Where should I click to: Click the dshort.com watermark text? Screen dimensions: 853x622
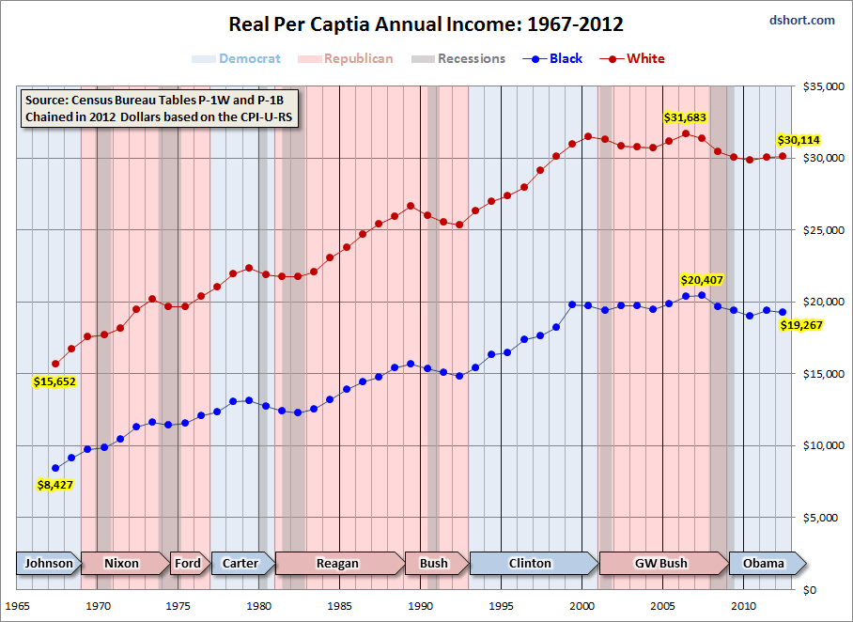(x=802, y=20)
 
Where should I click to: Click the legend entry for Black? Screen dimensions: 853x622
(x=552, y=58)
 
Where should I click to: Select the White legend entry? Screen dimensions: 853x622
(x=632, y=58)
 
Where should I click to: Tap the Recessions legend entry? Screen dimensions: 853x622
(x=458, y=58)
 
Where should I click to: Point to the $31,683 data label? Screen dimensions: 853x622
(x=685, y=117)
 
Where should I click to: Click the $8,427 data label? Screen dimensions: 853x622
(x=54, y=484)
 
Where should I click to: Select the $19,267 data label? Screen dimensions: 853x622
(x=800, y=325)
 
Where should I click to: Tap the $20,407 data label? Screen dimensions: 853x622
(x=702, y=280)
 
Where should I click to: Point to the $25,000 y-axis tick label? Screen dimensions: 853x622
(x=824, y=230)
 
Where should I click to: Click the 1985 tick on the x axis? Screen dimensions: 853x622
(x=339, y=606)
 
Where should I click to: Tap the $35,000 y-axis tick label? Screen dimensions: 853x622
(x=824, y=86)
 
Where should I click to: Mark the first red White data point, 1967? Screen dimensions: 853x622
(x=55, y=364)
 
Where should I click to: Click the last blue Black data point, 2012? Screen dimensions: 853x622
(x=783, y=312)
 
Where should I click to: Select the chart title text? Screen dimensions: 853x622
(x=426, y=24)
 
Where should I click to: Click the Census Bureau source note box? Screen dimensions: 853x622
(x=160, y=108)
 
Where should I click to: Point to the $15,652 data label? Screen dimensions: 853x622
(x=54, y=381)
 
